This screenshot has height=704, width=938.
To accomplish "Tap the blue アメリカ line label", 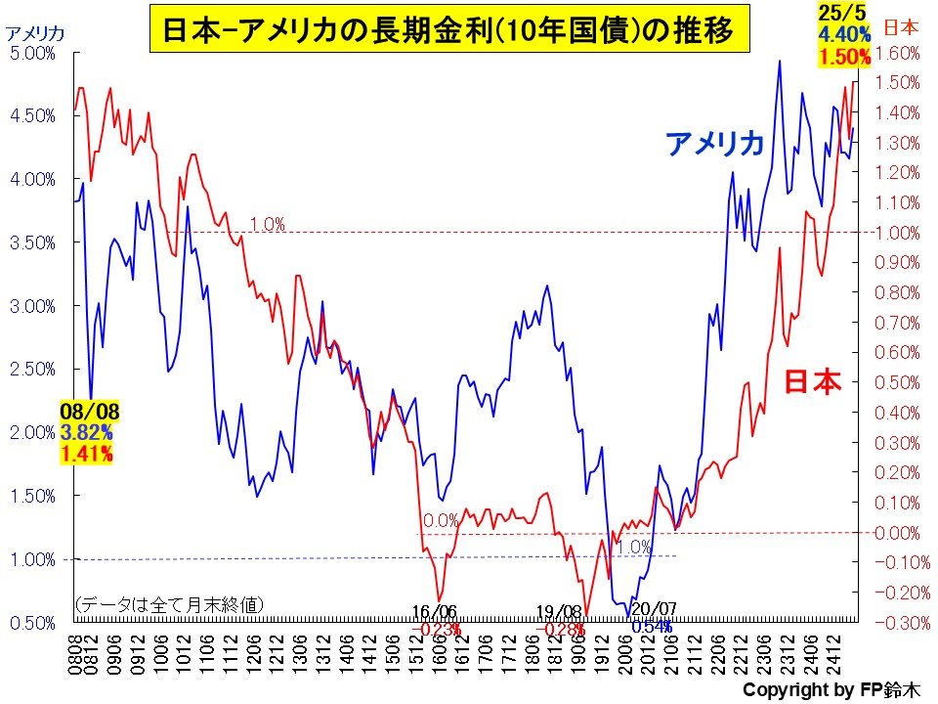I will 714,145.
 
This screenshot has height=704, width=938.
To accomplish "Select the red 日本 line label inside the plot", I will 813,381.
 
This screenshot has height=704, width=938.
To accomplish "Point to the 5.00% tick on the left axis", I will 32,53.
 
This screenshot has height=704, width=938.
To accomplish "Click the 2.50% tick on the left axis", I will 32,369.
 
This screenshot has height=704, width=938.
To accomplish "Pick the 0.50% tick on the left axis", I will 32,622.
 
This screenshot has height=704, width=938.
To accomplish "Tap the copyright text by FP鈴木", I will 830,690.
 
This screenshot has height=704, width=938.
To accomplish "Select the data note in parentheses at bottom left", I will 169,604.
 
